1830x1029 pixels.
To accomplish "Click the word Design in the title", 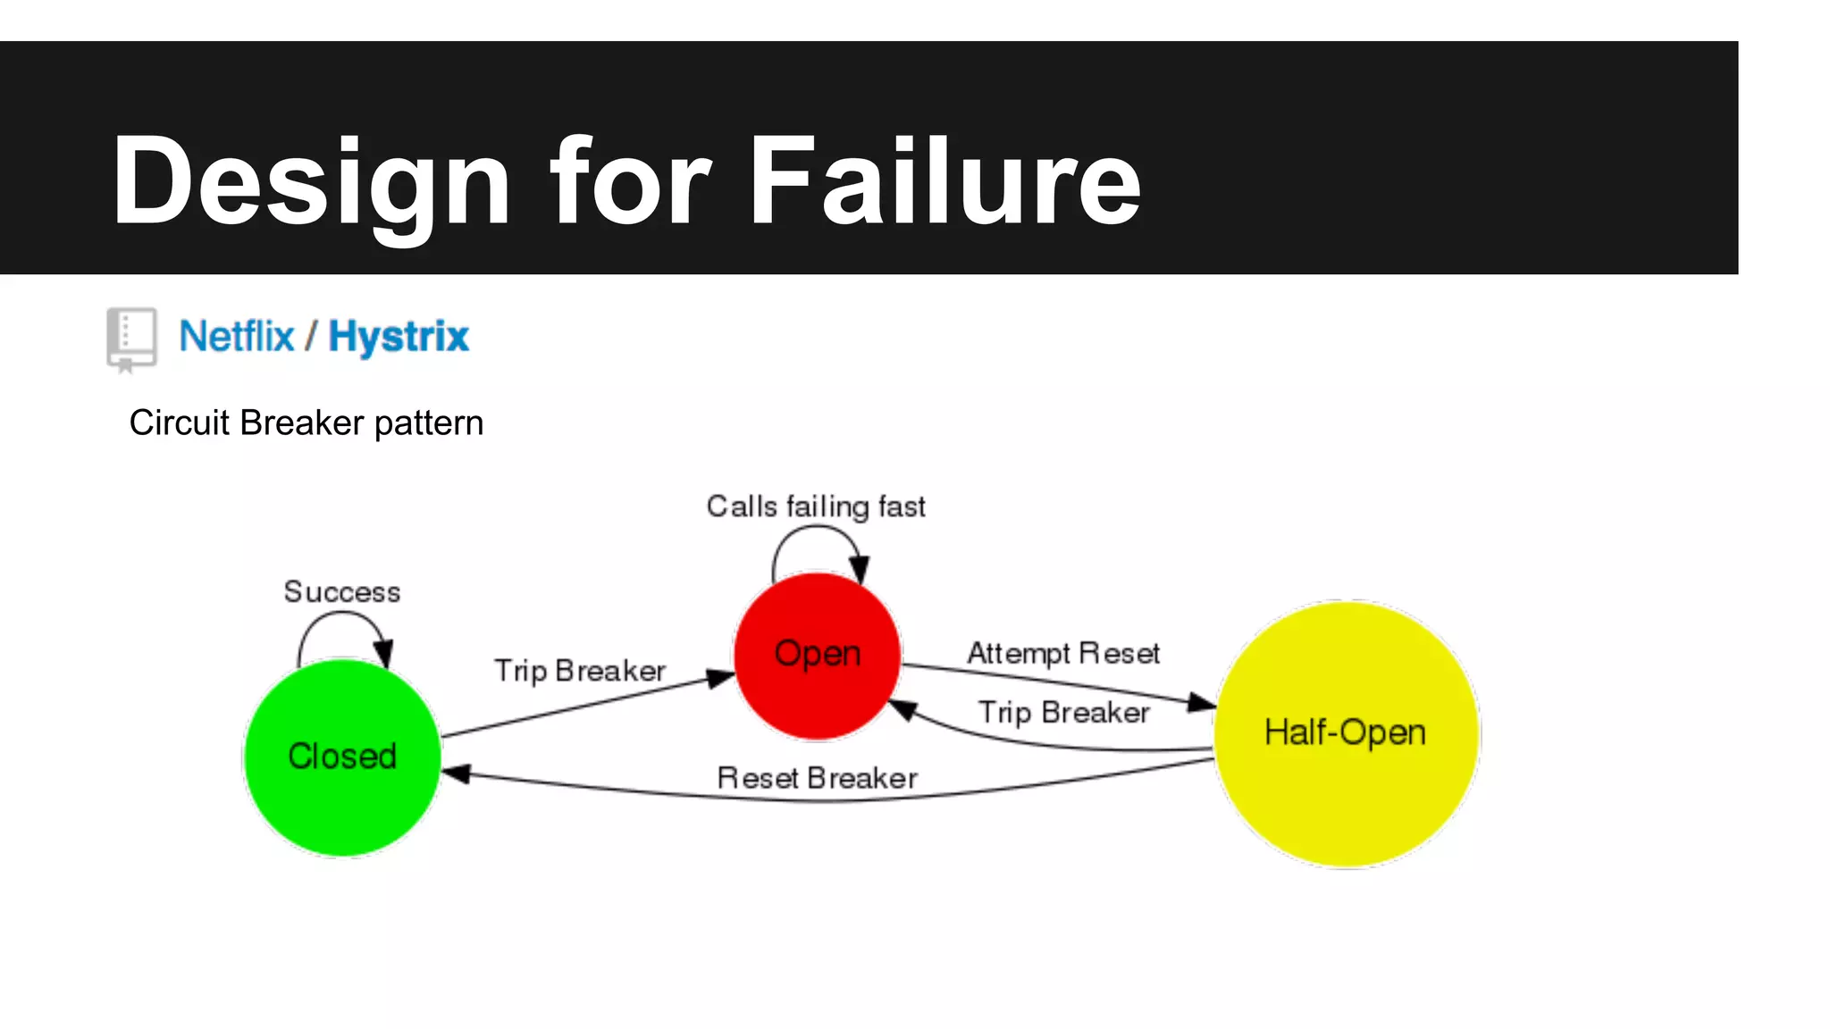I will pos(310,182).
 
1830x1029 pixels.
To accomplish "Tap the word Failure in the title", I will pos(944,182).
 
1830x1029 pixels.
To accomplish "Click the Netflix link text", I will pos(237,337).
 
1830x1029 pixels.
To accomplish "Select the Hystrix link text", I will pos(399,337).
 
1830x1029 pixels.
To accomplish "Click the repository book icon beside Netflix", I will pos(131,339).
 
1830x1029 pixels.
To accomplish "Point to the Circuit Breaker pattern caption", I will pos(306,422).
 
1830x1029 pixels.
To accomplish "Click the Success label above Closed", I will pos(342,592).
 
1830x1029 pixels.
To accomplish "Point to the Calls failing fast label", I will pos(815,506).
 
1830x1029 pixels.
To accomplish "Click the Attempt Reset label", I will pos(1063,653).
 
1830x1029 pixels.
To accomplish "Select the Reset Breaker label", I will pos(817,778).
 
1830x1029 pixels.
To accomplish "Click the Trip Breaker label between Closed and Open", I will pos(580,671).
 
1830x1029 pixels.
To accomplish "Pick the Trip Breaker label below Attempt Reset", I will pos(1063,713).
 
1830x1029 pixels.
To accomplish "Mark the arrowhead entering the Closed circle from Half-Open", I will pos(456,774).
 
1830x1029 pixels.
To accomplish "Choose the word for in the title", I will pos(630,182).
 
